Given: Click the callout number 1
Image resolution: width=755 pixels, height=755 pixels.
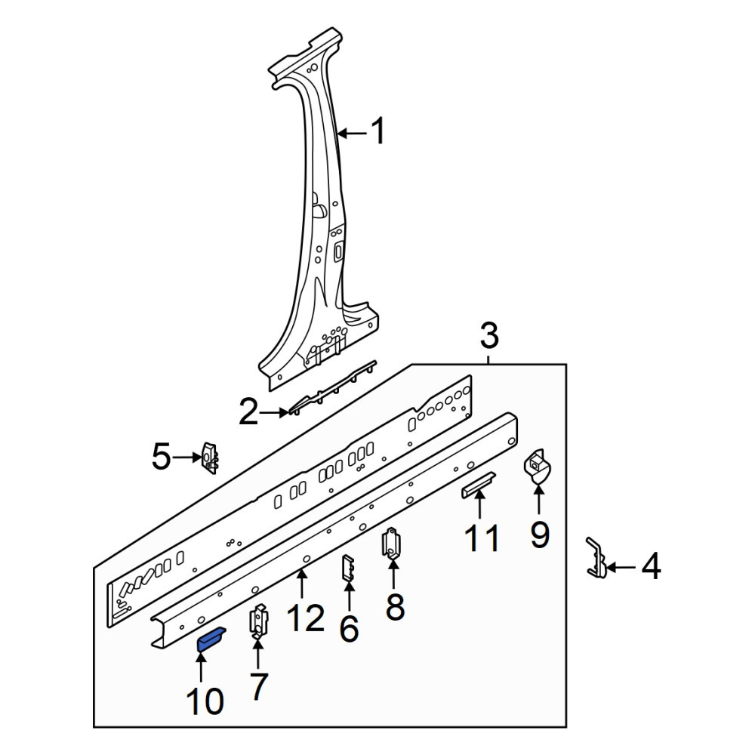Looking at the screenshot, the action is click(378, 131).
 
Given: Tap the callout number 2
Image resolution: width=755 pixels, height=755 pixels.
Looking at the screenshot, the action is click(248, 413).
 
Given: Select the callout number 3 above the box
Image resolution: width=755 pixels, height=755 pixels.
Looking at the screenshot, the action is click(489, 336).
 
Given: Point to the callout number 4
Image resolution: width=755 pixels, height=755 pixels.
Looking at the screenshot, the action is click(651, 567).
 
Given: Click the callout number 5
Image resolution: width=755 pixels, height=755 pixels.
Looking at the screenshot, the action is click(162, 457).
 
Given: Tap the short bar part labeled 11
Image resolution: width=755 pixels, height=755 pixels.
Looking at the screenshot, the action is click(479, 485).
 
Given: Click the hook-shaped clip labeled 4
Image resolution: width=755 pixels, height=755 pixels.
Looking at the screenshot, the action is click(597, 559).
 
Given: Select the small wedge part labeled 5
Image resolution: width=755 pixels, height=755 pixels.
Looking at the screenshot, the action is click(210, 458).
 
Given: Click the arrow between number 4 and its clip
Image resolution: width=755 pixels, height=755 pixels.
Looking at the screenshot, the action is click(621, 569).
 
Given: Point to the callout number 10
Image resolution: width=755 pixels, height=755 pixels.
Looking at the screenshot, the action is click(205, 701).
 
